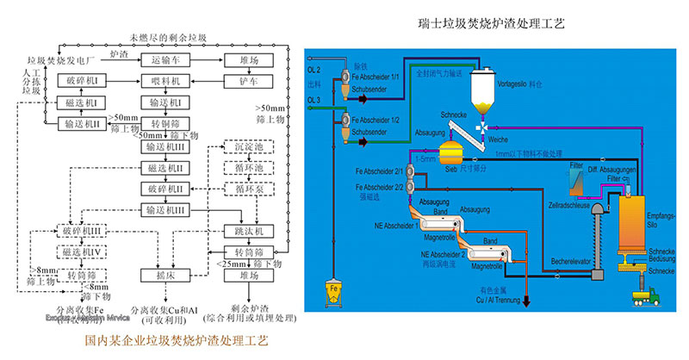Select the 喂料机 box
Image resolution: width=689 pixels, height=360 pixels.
[165, 81]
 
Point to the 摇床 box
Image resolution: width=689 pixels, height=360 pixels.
[165, 276]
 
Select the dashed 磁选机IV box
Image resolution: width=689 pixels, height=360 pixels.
[83, 252]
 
